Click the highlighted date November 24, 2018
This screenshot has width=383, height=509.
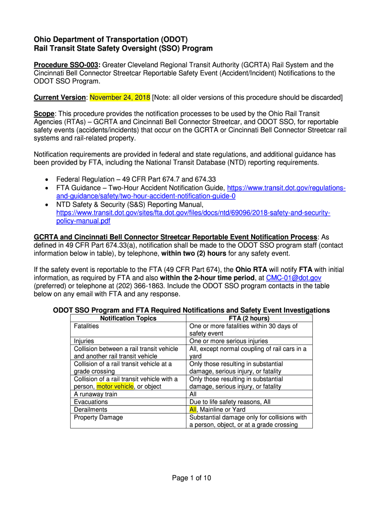tap(119, 97)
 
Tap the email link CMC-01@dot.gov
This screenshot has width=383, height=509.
tap(293, 277)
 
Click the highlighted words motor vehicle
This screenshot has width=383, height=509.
tap(115, 386)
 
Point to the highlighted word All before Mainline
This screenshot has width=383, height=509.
tap(193, 410)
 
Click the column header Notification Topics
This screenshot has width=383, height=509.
tap(128, 318)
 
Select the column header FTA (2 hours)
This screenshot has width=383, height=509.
tap(249, 318)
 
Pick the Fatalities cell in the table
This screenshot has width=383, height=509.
tap(87, 326)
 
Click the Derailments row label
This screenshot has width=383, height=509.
tap(91, 410)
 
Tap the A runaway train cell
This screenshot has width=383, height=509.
tap(96, 394)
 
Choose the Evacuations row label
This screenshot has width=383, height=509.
tap(91, 402)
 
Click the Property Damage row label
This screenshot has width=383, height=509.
tap(98, 417)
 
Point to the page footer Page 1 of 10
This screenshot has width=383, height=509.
tap(191, 478)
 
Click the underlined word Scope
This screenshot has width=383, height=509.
tap(43, 114)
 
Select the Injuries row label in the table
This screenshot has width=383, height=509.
tap(84, 341)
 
